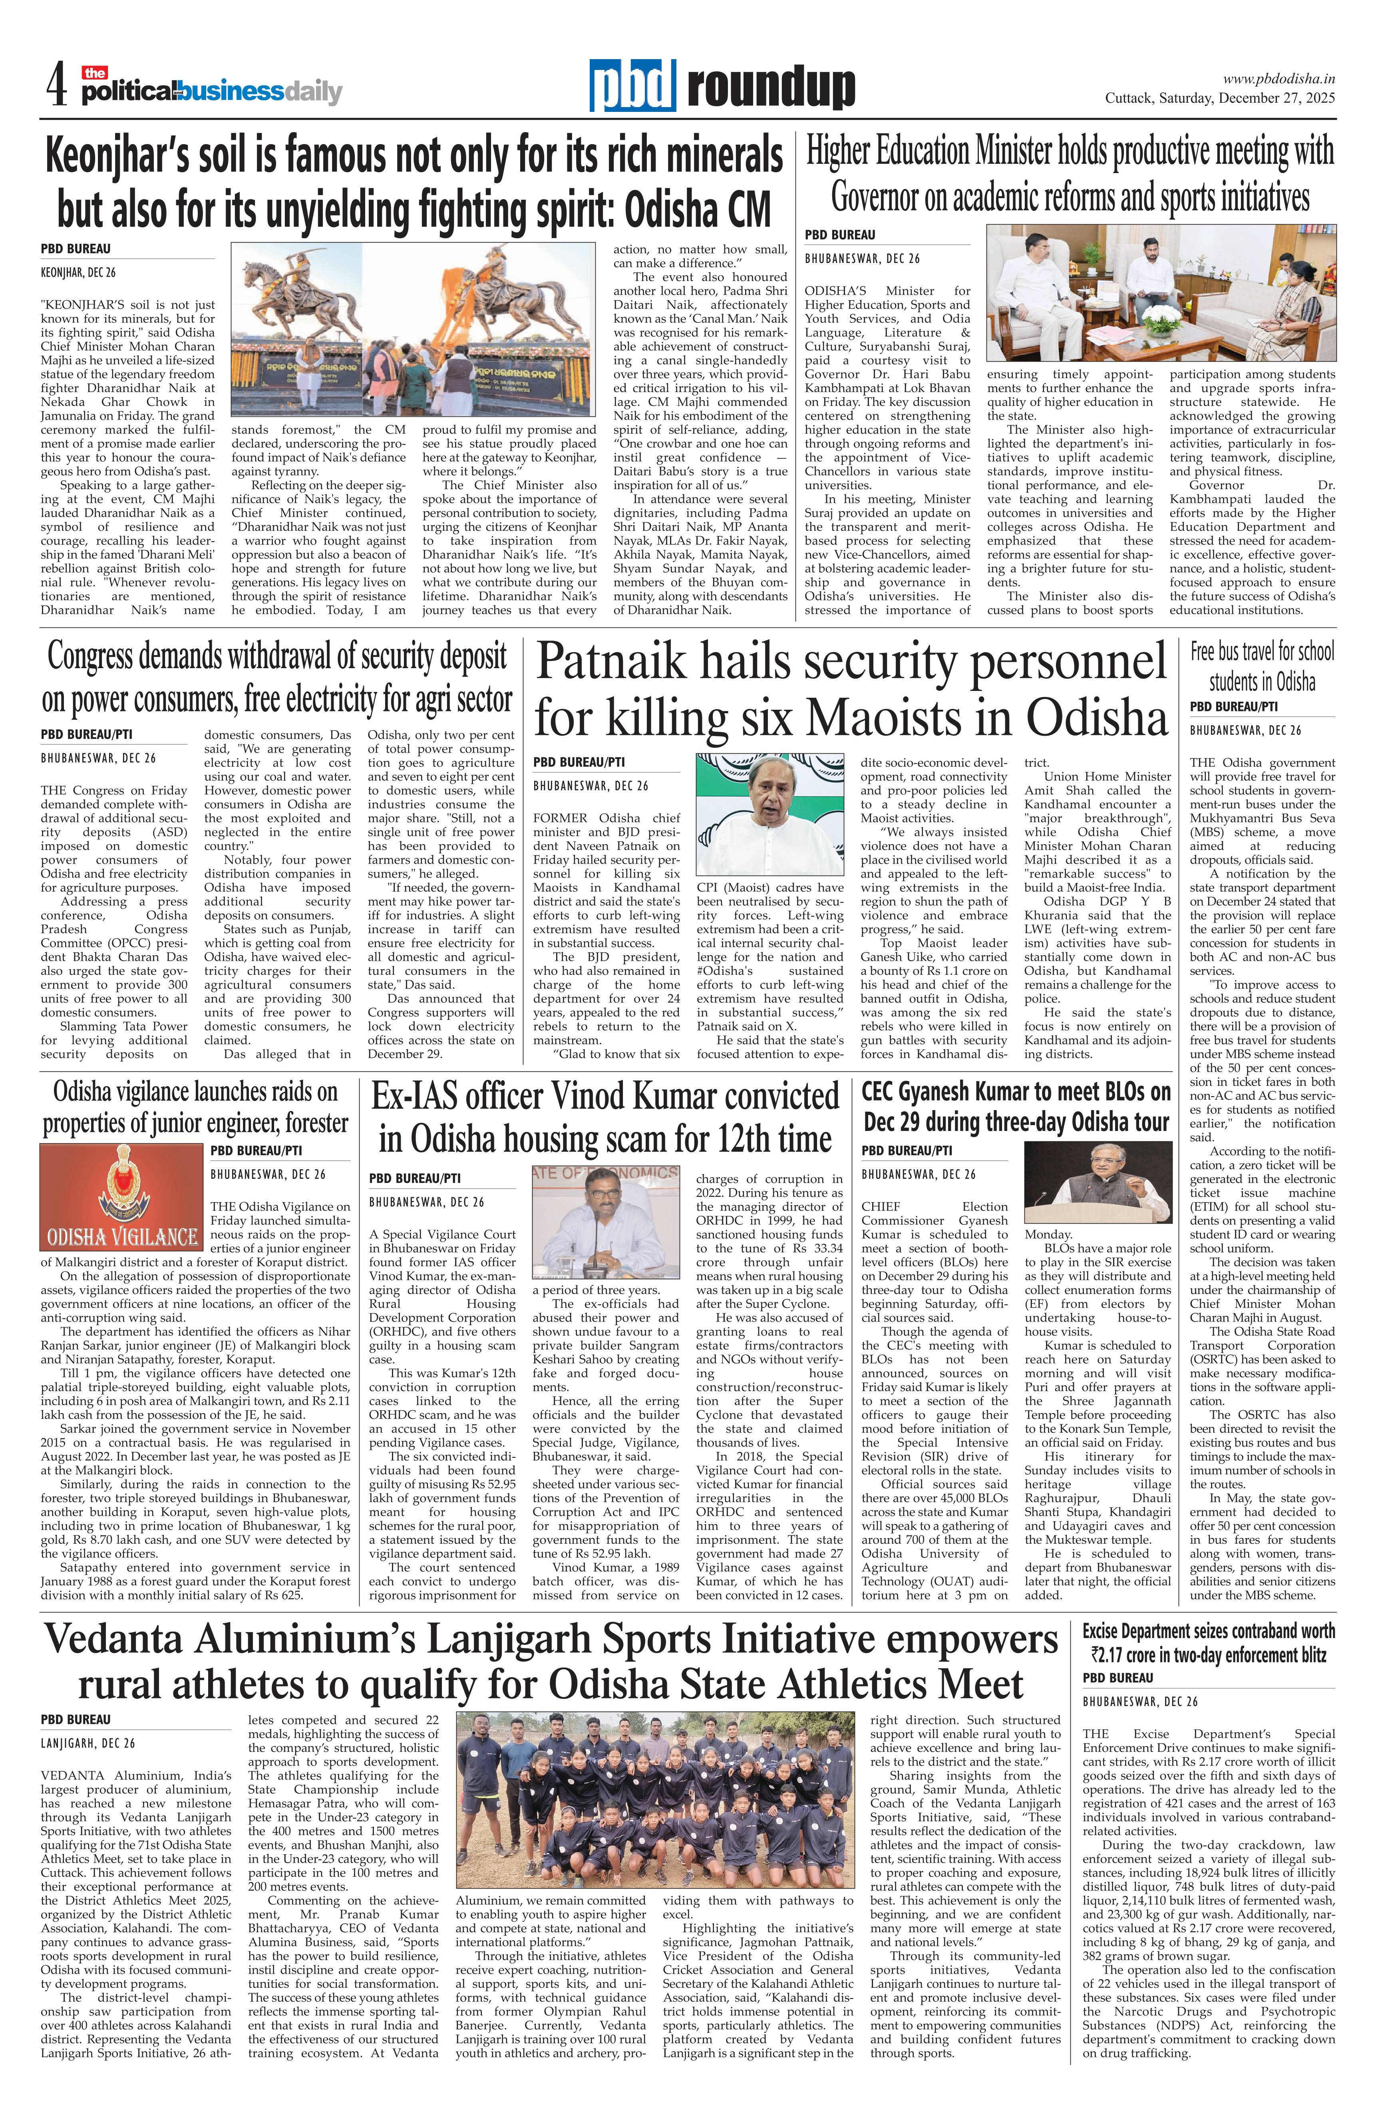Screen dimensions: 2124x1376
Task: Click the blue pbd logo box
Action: pos(632,87)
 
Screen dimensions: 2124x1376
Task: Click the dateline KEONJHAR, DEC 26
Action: pos(79,271)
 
